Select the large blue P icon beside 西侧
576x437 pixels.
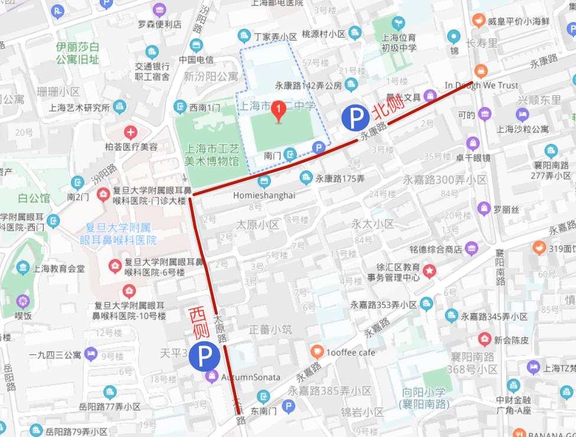click(205, 356)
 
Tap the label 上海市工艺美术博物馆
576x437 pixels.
click(212, 155)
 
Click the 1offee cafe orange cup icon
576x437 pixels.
click(318, 353)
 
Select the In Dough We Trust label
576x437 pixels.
click(481, 85)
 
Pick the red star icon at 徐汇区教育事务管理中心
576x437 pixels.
click(430, 271)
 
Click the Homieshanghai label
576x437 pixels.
click(264, 195)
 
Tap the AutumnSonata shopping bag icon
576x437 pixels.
click(211, 377)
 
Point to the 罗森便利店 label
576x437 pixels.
click(159, 24)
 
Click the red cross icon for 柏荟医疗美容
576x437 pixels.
click(130, 132)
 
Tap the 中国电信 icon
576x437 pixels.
click(196, 45)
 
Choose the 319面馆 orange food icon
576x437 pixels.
click(538, 248)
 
